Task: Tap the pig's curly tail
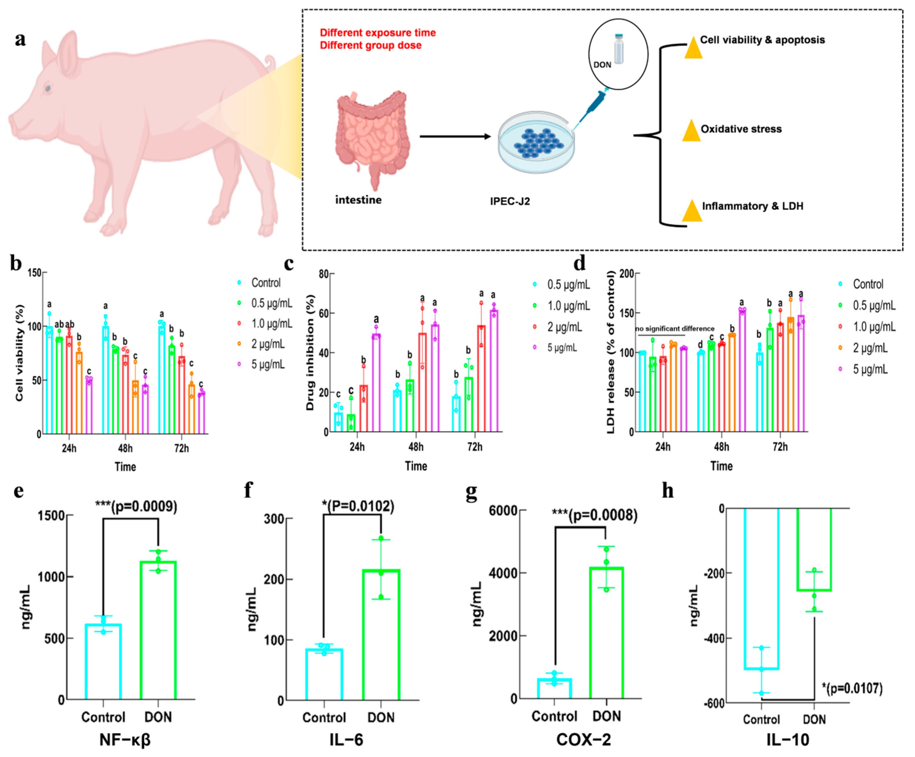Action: (270, 62)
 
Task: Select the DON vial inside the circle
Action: (619, 49)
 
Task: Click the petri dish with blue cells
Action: (536, 142)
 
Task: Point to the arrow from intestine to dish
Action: (455, 136)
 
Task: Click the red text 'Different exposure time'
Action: (378, 33)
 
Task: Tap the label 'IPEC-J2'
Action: (510, 201)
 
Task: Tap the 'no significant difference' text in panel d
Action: (674, 329)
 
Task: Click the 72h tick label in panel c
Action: (475, 447)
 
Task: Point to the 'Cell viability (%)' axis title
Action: (19, 353)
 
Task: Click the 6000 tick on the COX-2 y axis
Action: (503, 510)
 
